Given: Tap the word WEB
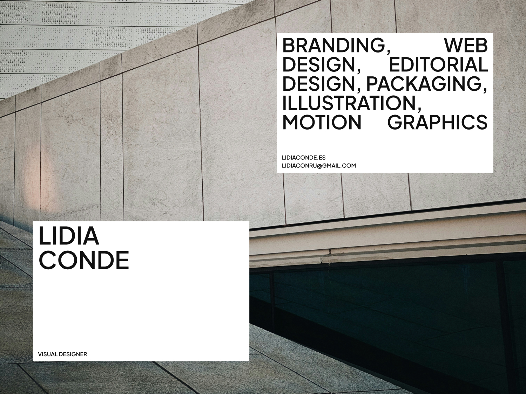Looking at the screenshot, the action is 466,46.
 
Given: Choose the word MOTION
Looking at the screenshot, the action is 322,122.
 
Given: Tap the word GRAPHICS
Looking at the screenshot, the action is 438,122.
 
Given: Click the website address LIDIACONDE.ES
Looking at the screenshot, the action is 304,158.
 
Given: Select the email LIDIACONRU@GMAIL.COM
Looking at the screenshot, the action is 319,166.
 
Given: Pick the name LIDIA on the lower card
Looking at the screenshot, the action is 68,236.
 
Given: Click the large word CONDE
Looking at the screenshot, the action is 84,260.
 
